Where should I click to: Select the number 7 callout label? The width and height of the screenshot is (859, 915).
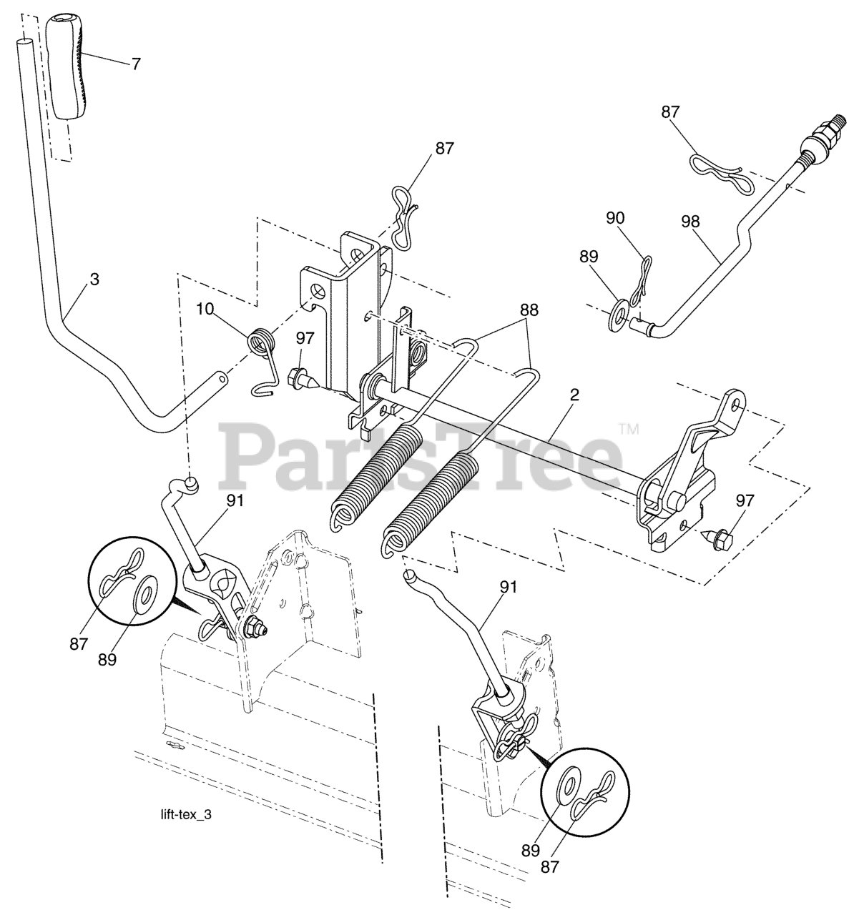click(x=135, y=63)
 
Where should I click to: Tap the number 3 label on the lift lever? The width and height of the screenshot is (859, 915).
click(x=94, y=279)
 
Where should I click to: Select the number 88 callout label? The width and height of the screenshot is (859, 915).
click(x=530, y=310)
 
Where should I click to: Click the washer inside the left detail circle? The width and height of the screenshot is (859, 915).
click(x=147, y=594)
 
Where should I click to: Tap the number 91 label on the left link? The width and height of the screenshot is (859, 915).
click(x=235, y=501)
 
